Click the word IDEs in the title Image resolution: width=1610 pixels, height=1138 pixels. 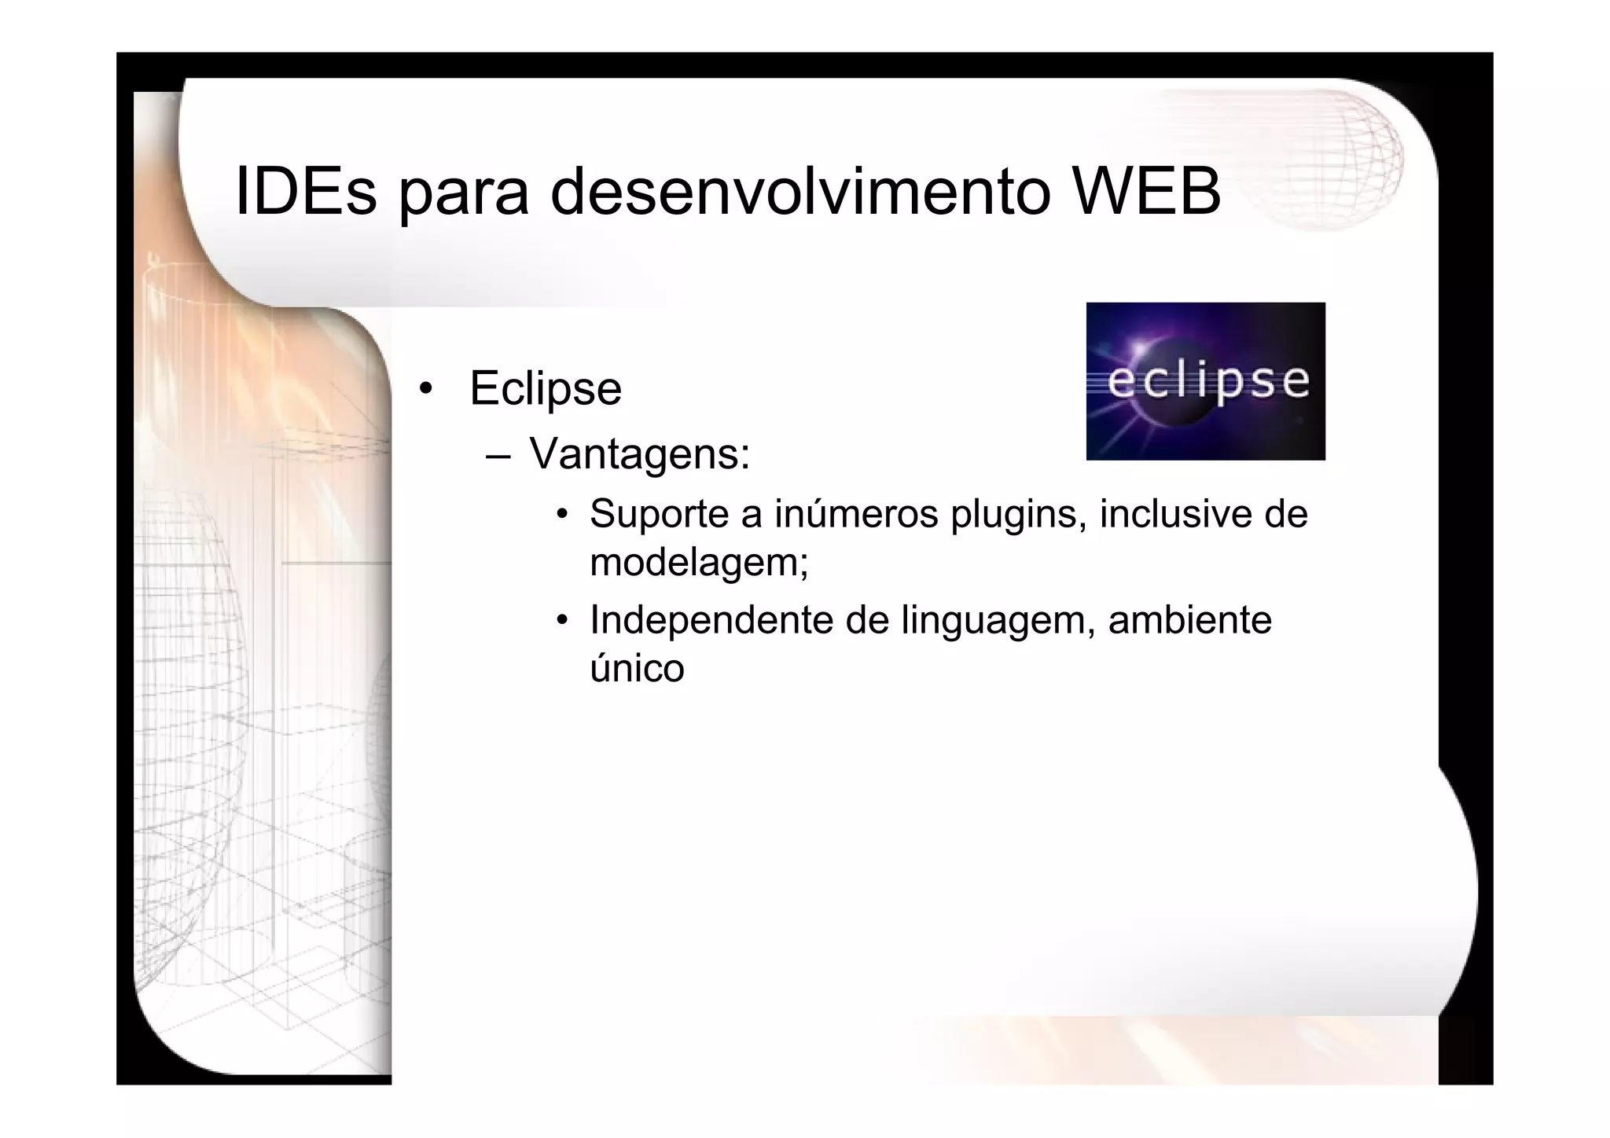pyautogui.click(x=305, y=190)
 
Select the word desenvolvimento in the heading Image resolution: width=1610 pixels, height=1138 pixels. pyautogui.click(x=799, y=190)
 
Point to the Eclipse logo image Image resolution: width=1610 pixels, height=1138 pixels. pyautogui.click(x=1205, y=381)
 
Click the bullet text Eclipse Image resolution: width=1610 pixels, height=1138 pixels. pyautogui.click(x=545, y=388)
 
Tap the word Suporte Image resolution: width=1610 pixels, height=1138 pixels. pyautogui.click(x=659, y=514)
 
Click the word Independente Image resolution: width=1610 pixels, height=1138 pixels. pyautogui.click(x=711, y=620)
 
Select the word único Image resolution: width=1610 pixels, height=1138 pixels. pyautogui.click(x=637, y=668)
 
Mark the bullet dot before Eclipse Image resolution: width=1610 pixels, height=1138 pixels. pyautogui.click(x=425, y=388)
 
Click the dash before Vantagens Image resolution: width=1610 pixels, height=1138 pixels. pyautogui.click(x=498, y=455)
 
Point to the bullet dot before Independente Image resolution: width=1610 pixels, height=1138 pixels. pyautogui.click(x=562, y=621)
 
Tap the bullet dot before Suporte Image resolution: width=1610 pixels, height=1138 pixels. pyautogui.click(x=562, y=515)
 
